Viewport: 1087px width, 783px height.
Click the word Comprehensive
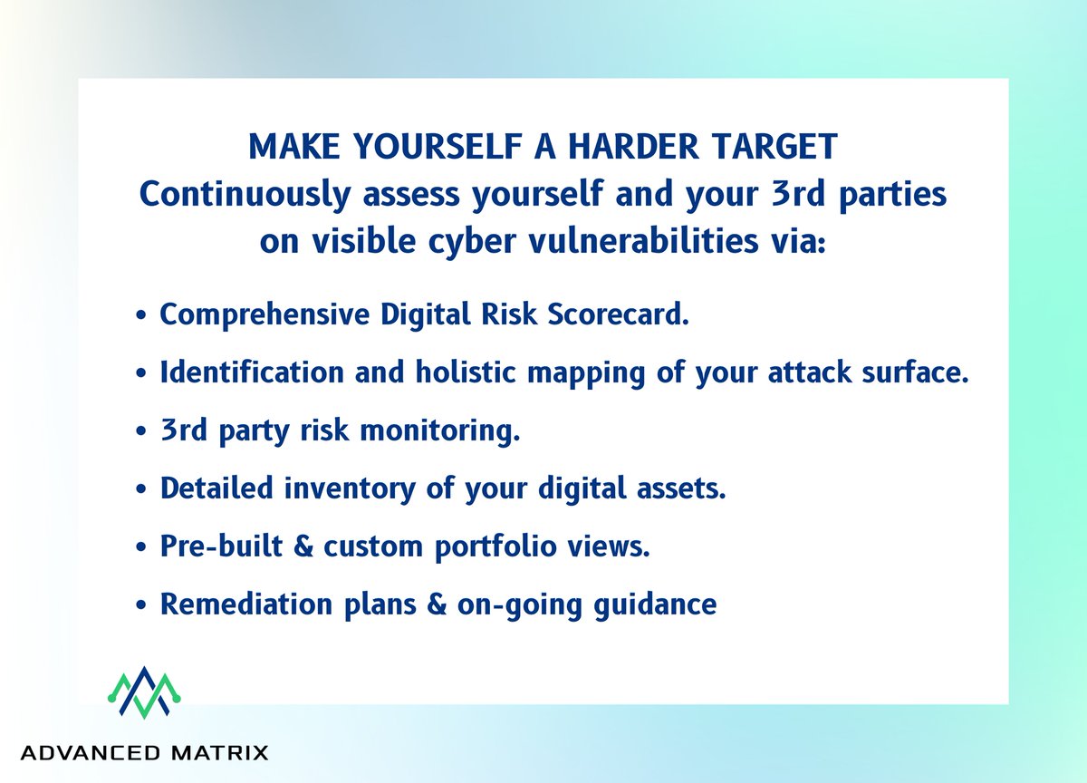point(264,314)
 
